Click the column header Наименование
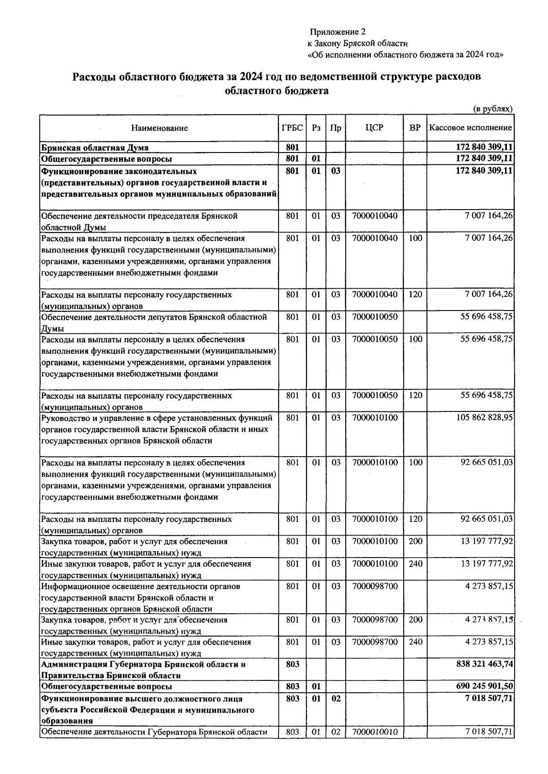pyautogui.click(x=159, y=128)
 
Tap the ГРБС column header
pyautogui.click(x=292, y=128)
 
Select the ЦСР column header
pyautogui.click(x=374, y=128)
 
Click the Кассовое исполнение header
pyautogui.click(x=470, y=128)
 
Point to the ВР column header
pyautogui.click(x=415, y=128)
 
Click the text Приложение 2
pyautogui.click(x=337, y=32)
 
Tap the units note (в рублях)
pyautogui.click(x=493, y=109)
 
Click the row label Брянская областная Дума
pyautogui.click(x=95, y=147)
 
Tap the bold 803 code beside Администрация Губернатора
pyautogui.click(x=292, y=664)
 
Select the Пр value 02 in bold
pyautogui.click(x=336, y=699)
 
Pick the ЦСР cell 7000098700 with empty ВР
pyautogui.click(x=374, y=586)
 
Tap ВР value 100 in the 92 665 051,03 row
pyautogui.click(x=415, y=463)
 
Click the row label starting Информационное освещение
pyautogui.click(x=141, y=586)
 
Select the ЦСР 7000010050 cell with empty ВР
pyautogui.click(x=374, y=317)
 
